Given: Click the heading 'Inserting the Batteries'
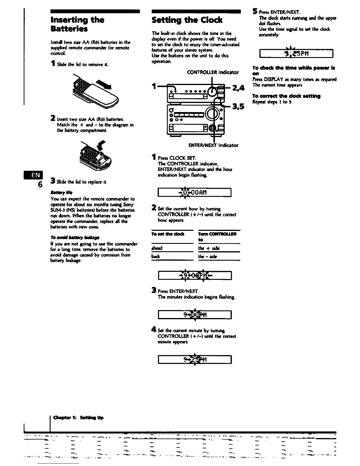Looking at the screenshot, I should [77, 24].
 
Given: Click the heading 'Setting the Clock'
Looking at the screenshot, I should [187, 20].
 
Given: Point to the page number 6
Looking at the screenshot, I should [40, 184].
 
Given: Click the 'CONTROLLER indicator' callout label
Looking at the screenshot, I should [213, 72].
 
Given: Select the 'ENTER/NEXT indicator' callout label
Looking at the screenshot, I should [213, 145].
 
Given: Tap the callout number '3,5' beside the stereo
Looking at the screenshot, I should [238, 106].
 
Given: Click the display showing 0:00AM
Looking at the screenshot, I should [195, 193].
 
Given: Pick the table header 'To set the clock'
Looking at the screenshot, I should [168, 234].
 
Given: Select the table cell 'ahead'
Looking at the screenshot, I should [157, 248].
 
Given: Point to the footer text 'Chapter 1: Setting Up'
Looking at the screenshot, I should [78, 417].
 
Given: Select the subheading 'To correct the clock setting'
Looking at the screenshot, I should [286, 96].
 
